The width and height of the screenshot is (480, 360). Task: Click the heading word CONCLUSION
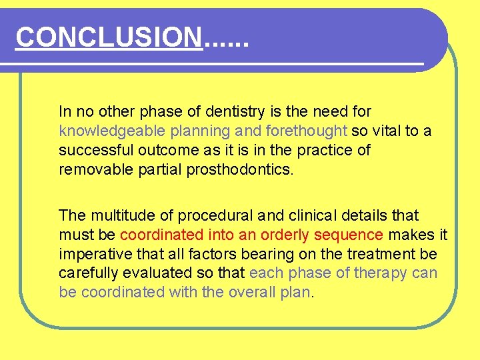[x=109, y=37]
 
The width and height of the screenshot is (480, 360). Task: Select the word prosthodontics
[x=243, y=169]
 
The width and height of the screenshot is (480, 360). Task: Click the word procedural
[x=203, y=215]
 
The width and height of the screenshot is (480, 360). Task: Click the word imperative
[x=91, y=254]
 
